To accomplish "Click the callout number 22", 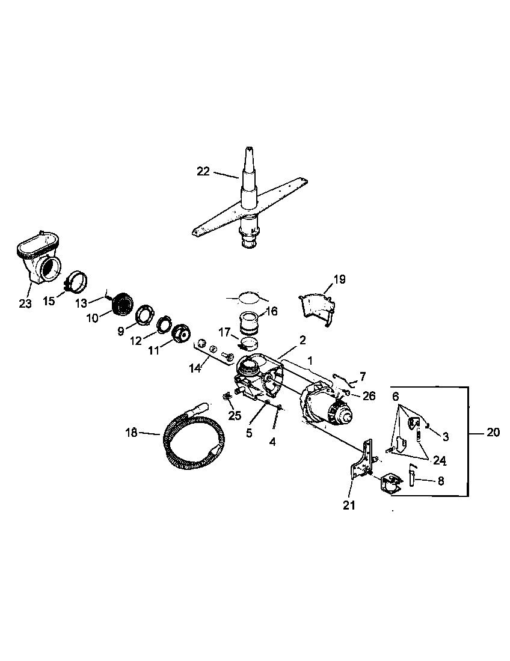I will [x=203, y=171].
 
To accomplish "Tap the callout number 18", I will [x=132, y=432].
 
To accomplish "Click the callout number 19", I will [x=340, y=279].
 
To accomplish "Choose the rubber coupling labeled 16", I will [x=248, y=323].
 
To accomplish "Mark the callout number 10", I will [x=92, y=318].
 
